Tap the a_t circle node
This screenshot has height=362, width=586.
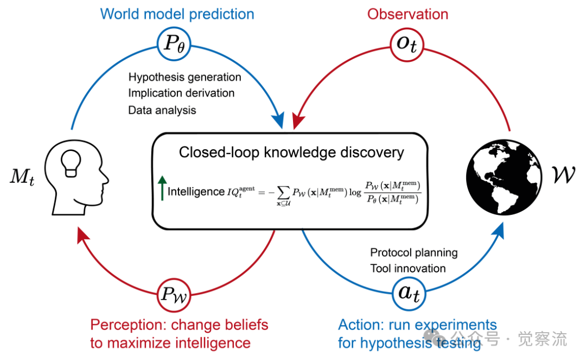click(x=408, y=294)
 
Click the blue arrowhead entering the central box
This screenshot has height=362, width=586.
click(x=279, y=120)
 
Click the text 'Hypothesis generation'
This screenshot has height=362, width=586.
click(x=184, y=77)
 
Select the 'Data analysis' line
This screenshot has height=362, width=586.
click(x=162, y=110)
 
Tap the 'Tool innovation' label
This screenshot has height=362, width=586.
click(x=407, y=268)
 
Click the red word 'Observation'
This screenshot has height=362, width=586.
click(x=407, y=14)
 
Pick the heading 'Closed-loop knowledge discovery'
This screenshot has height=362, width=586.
click(x=291, y=152)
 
